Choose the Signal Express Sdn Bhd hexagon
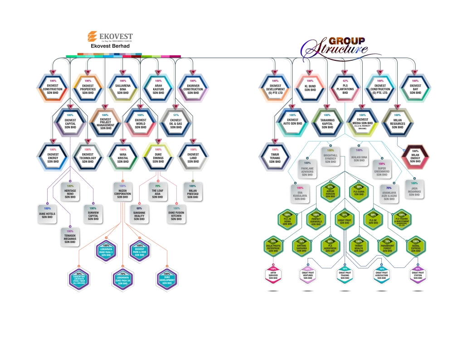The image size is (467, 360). coord(415,248)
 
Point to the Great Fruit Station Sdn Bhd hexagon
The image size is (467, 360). coord(418,275)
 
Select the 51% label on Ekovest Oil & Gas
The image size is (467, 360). coord(176,115)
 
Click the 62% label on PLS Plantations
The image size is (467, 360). coord(345,81)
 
